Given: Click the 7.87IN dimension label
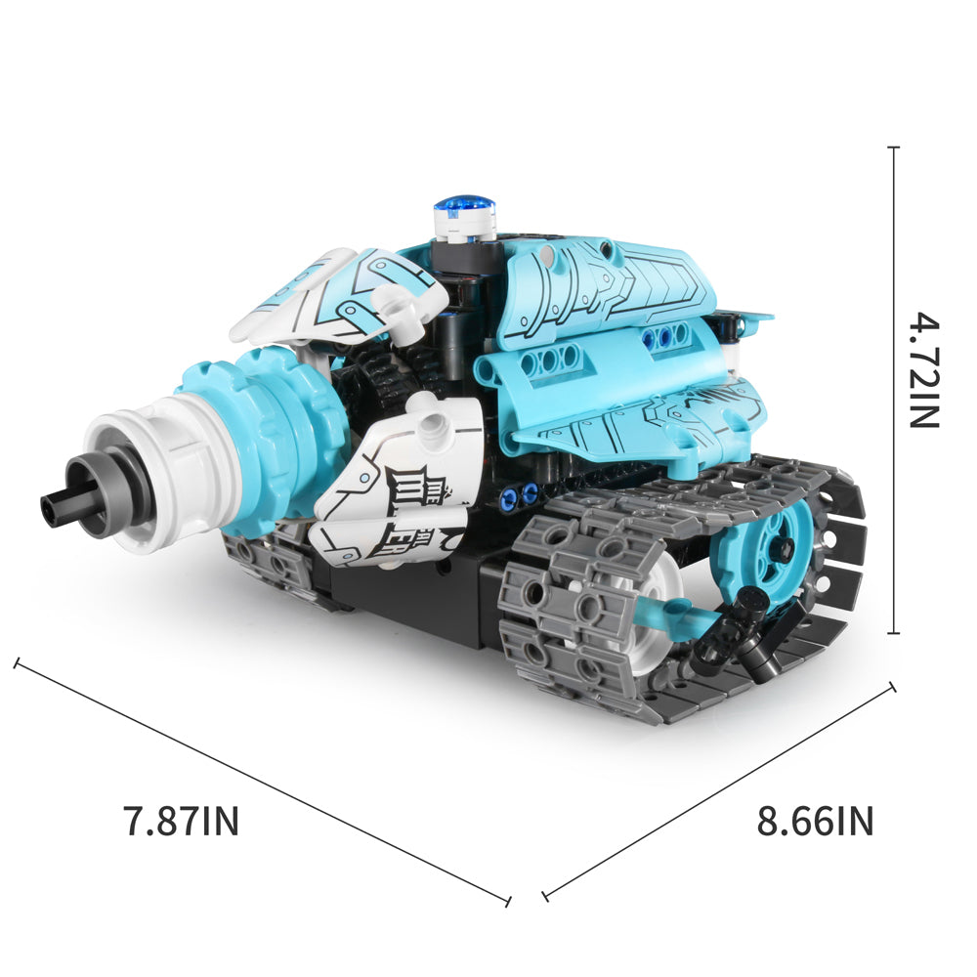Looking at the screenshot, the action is coord(182,822).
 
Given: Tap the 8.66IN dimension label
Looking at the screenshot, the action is coord(815,822).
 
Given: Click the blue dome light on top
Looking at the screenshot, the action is coord(464,206).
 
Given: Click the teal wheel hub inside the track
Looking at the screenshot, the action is coord(772,551).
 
